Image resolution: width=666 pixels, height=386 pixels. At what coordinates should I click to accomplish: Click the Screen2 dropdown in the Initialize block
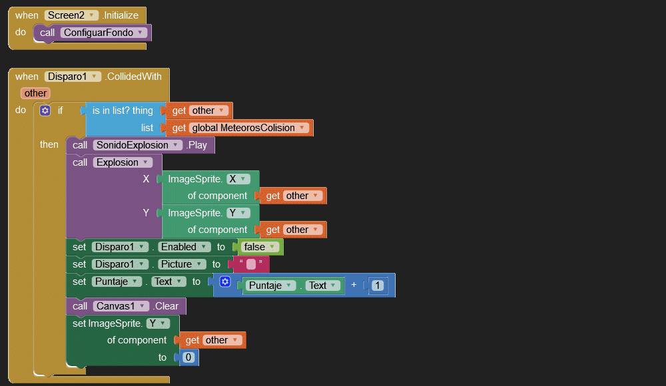click(x=72, y=15)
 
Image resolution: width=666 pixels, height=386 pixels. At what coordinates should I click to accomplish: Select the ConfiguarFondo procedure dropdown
click(x=103, y=32)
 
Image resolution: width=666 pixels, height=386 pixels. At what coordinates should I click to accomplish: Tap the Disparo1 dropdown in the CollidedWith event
click(x=73, y=77)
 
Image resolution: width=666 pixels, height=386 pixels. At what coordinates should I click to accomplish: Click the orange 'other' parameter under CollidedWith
click(x=35, y=93)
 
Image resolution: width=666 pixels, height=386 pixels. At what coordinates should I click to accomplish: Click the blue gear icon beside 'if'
click(x=45, y=110)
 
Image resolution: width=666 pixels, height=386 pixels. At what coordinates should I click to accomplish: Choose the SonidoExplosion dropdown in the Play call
click(x=138, y=145)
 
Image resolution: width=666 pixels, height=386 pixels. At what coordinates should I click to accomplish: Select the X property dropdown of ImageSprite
click(x=238, y=179)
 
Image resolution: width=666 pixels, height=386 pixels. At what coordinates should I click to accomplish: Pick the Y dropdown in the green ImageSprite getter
click(x=238, y=213)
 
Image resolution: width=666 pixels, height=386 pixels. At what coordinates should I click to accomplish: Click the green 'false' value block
click(x=260, y=247)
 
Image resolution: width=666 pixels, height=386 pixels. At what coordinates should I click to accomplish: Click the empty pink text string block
click(x=250, y=264)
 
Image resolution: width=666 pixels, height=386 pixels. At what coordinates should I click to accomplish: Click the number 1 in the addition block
click(x=378, y=286)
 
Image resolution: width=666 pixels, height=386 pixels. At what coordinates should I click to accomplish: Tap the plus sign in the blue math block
click(x=354, y=286)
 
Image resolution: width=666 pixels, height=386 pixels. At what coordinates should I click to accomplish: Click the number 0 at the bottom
click(x=188, y=357)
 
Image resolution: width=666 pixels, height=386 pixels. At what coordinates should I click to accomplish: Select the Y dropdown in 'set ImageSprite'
click(x=158, y=323)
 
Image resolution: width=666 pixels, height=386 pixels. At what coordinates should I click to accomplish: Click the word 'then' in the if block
click(x=49, y=144)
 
